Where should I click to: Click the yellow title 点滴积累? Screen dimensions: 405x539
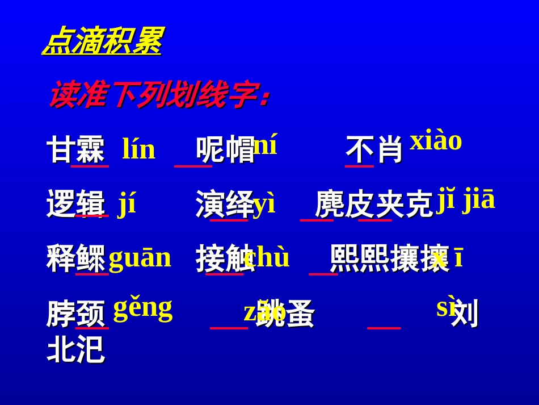click(x=102, y=41)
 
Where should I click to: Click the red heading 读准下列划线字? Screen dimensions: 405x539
click(x=159, y=94)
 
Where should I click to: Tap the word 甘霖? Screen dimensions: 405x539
click(x=76, y=150)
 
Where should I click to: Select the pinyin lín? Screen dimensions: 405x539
click(x=138, y=149)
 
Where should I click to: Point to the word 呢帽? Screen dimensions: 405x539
click(x=225, y=150)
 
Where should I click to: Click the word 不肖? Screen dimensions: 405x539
click(x=374, y=150)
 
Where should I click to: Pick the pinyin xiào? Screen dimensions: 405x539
click(x=436, y=140)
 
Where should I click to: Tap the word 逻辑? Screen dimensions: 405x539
click(x=76, y=204)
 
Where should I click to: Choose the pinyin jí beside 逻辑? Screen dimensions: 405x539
click(x=127, y=203)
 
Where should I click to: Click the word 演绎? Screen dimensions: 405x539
click(x=225, y=204)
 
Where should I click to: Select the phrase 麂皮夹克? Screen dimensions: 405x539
click(x=374, y=204)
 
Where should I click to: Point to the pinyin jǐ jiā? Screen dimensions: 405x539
click(x=465, y=199)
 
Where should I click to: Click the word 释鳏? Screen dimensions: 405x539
click(x=76, y=258)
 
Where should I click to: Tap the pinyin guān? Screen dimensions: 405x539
click(x=140, y=257)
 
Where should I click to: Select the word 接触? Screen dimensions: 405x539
click(x=225, y=258)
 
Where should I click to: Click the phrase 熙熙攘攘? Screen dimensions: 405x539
click(x=389, y=258)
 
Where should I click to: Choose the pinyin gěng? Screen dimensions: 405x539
click(x=142, y=308)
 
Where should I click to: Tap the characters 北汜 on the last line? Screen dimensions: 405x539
click(x=76, y=350)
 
